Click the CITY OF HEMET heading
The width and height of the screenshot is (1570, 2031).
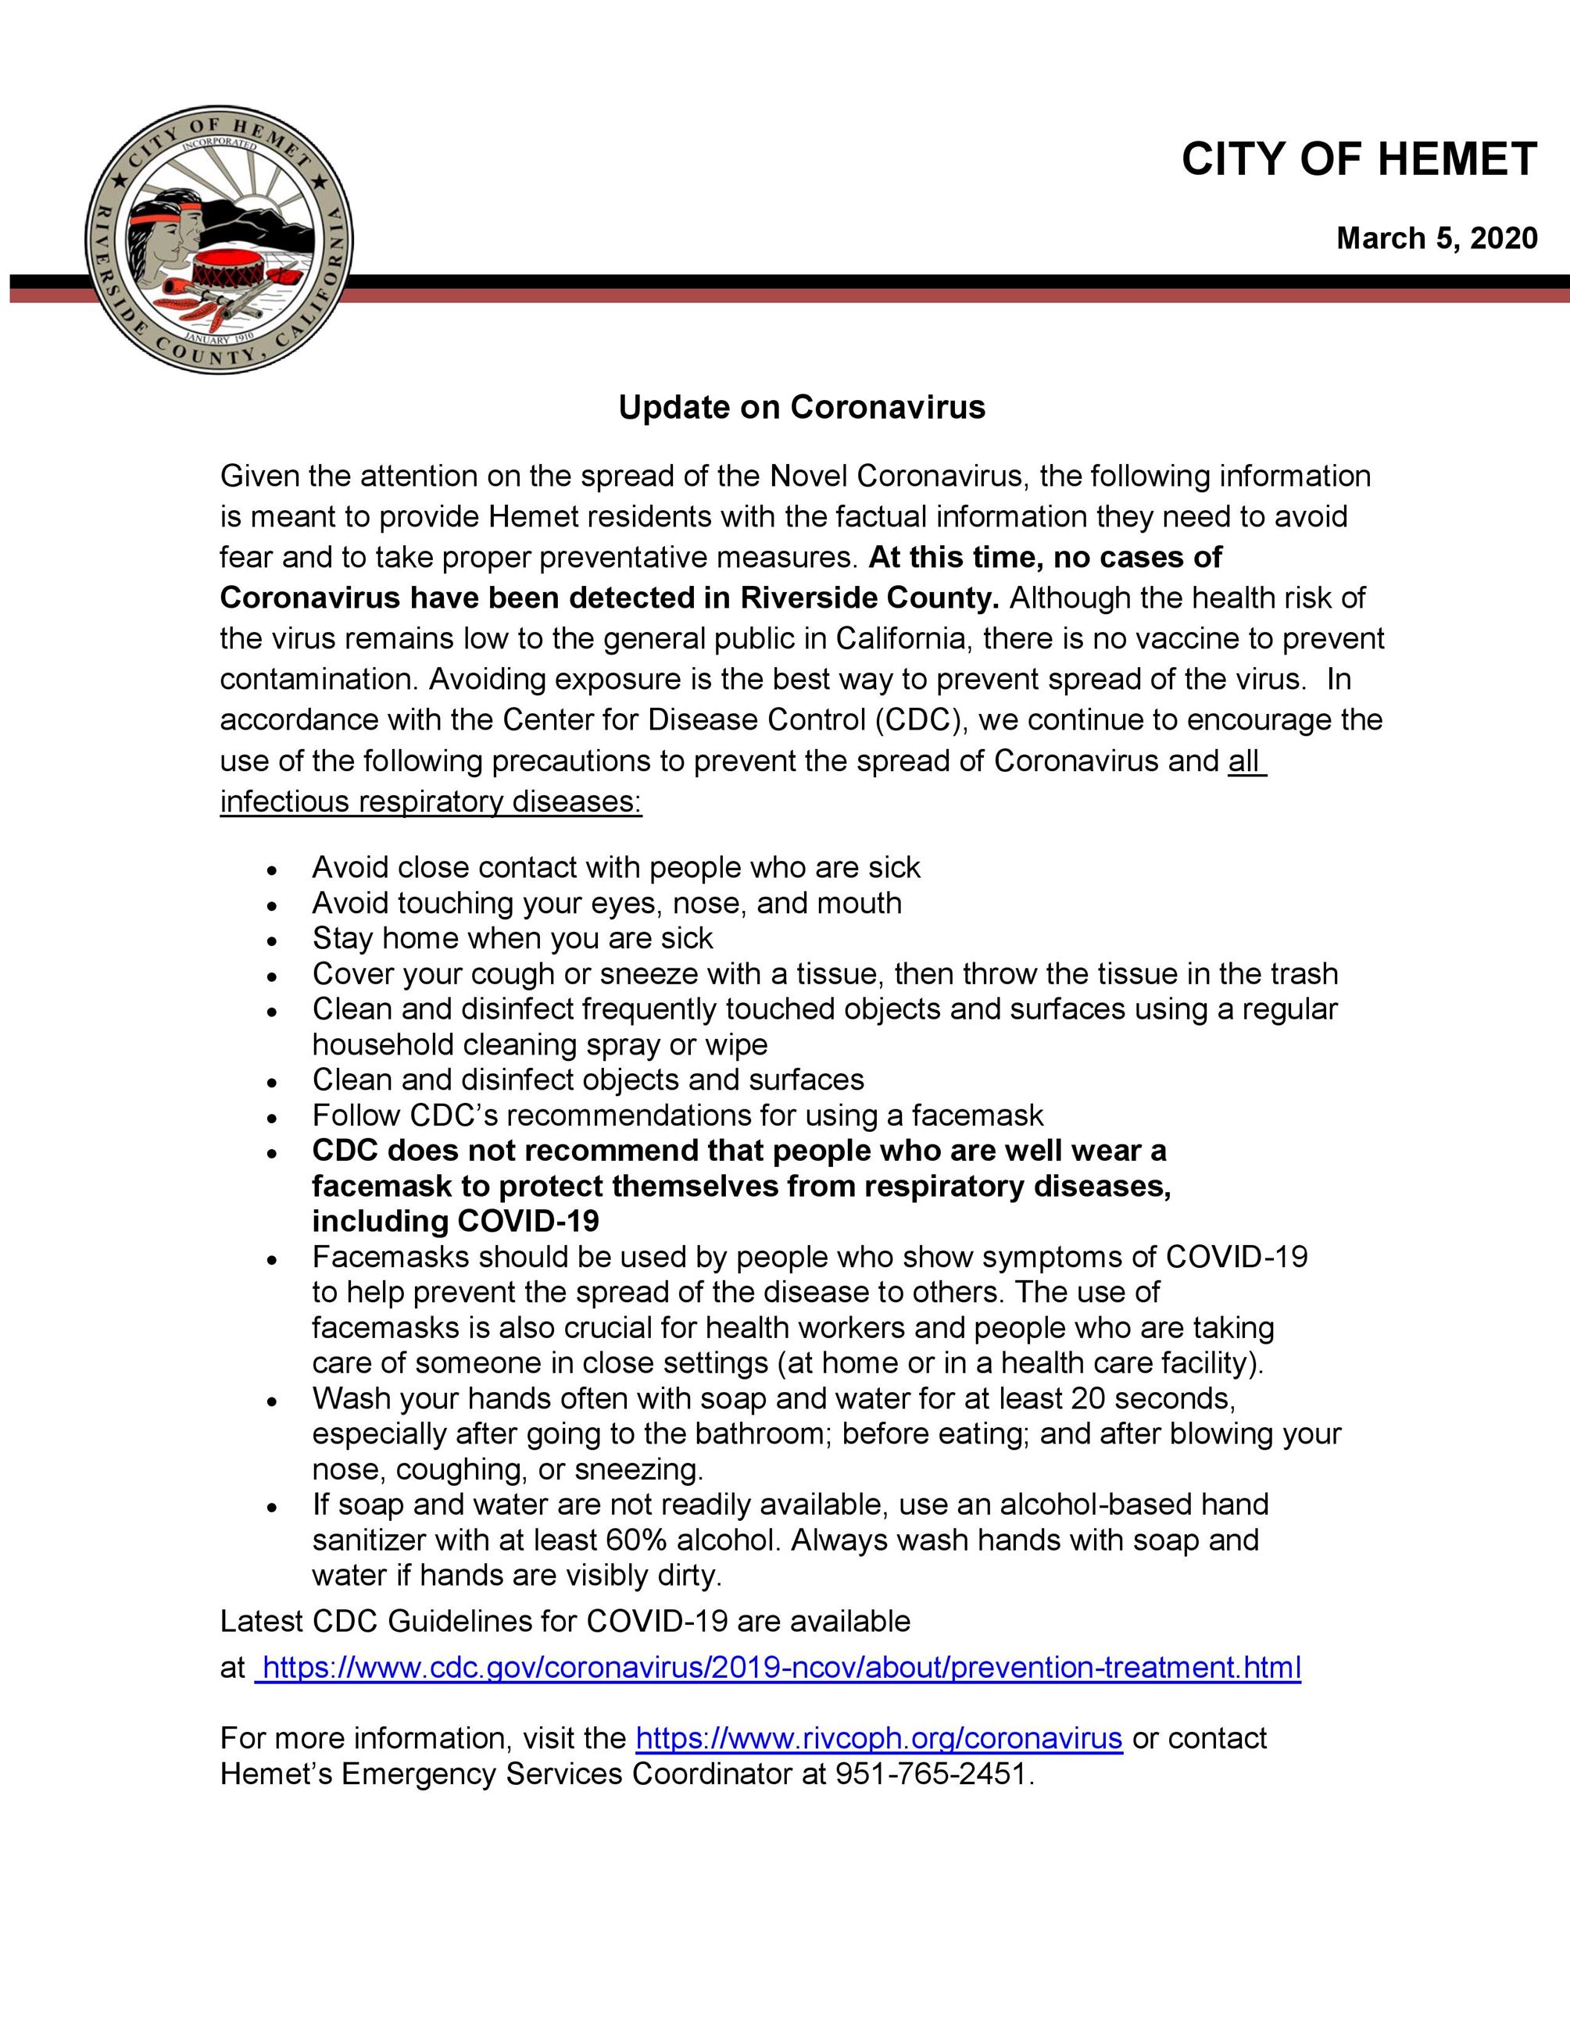coord(1359,160)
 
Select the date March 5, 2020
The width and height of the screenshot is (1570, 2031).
coord(1436,239)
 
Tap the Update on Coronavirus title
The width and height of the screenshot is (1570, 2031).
coord(802,407)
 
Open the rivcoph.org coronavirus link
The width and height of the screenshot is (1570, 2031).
coord(879,1738)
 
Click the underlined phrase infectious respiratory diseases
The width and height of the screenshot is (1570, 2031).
coord(431,801)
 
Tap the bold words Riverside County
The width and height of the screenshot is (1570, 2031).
coord(869,598)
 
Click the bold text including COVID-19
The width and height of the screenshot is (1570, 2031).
coord(456,1221)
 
